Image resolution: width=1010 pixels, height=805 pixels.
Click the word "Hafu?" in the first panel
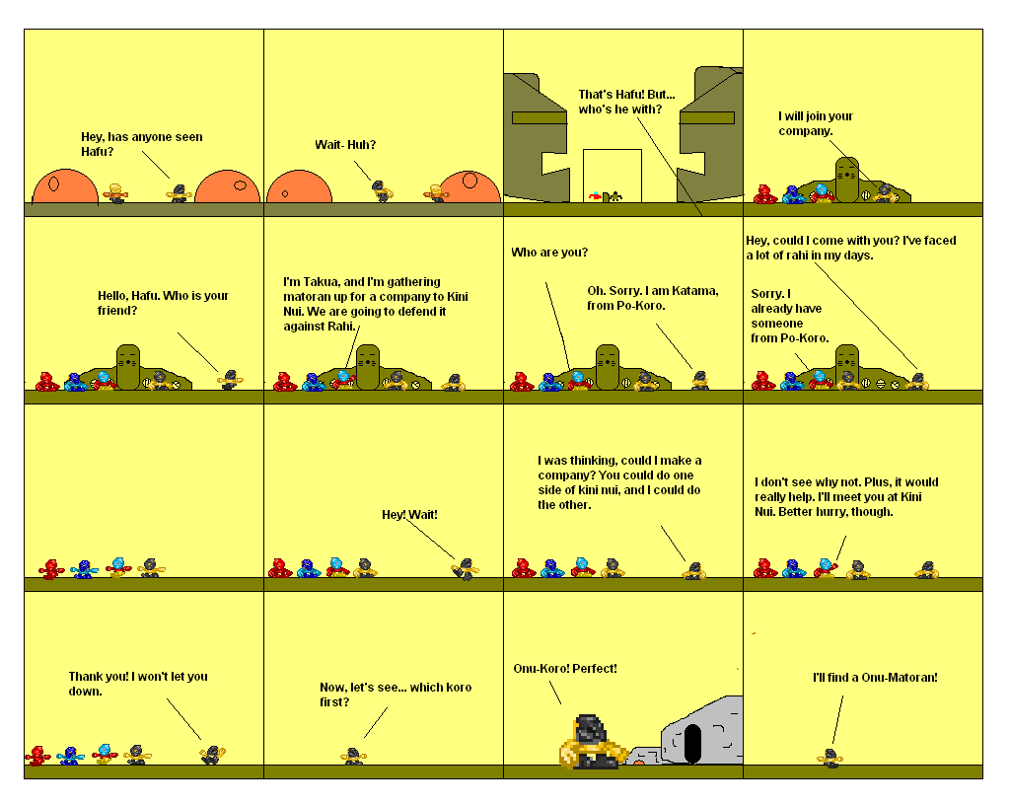click(x=97, y=152)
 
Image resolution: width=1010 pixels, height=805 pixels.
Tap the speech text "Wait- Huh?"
click(x=345, y=145)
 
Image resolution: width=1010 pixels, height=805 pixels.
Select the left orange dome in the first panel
click(x=65, y=187)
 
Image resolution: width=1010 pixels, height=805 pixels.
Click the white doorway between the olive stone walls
click(x=612, y=175)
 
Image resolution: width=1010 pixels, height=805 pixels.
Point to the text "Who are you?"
click(x=549, y=253)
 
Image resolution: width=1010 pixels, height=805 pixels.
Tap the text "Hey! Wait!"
click(x=409, y=515)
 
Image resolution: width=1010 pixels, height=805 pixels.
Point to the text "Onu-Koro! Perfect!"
click(x=565, y=669)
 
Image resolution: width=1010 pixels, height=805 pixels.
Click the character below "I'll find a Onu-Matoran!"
click(x=830, y=758)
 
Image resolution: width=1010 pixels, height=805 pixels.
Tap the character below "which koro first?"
click(x=352, y=757)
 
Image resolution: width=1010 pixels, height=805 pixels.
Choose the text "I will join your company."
click(x=815, y=123)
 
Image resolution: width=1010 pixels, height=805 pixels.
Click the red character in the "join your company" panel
click(x=765, y=194)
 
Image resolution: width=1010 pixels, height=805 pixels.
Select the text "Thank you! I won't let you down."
click(x=137, y=684)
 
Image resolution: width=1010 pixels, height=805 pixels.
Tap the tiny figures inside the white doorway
click(x=606, y=196)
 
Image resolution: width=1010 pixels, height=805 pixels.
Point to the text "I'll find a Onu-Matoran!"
click(x=874, y=678)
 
